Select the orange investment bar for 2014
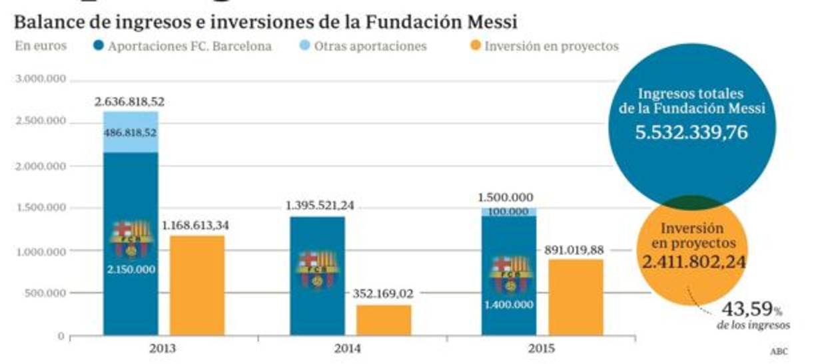pyautogui.click(x=384, y=319)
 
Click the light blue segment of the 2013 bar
pyautogui.click(x=131, y=132)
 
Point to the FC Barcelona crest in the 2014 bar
pyautogui.click(x=318, y=268)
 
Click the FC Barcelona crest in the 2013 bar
pyautogui.click(x=131, y=238)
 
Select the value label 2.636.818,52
pyautogui.click(x=129, y=102)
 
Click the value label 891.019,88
pyautogui.click(x=575, y=250)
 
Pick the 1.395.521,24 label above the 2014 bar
pyautogui.click(x=320, y=206)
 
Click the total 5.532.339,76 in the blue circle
pyautogui.click(x=691, y=132)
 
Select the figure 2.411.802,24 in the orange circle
pyautogui.click(x=693, y=262)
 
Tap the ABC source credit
pyautogui.click(x=778, y=351)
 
